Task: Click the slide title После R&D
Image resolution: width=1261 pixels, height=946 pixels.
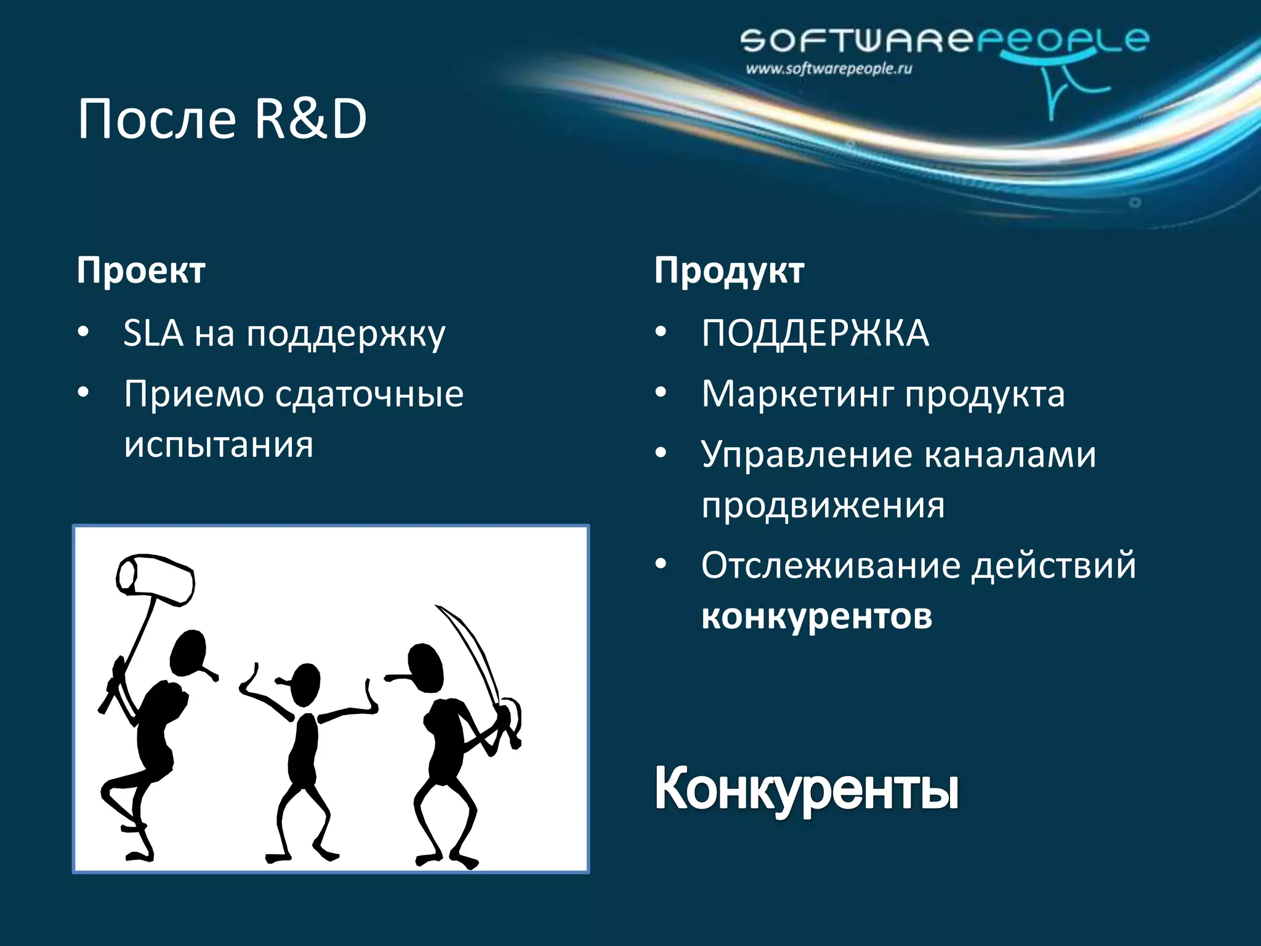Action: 222,119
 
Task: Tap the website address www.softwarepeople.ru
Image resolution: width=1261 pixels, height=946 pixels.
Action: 828,69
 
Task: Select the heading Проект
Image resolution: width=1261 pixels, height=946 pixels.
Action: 141,270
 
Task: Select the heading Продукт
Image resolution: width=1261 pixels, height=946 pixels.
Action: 729,270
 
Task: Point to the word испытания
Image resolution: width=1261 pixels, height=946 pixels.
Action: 219,444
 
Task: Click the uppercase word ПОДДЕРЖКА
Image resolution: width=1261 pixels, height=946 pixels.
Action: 815,333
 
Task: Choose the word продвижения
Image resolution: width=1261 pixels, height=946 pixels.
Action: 823,506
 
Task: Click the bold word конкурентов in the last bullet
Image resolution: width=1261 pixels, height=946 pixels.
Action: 816,616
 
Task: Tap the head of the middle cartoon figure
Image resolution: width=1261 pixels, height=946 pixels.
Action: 305,684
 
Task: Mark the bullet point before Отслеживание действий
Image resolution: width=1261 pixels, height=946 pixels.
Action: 661,565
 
